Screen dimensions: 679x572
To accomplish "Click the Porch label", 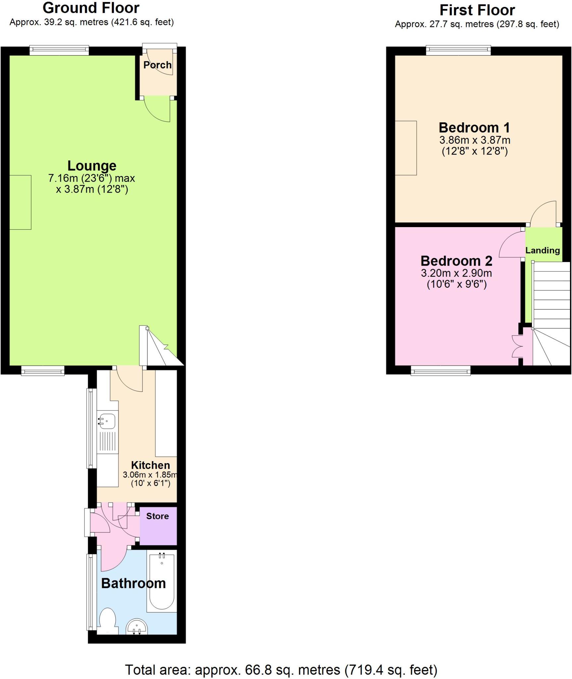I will click(x=157, y=65).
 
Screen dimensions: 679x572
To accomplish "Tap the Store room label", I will click(x=157, y=516).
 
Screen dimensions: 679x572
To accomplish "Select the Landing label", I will click(x=543, y=250).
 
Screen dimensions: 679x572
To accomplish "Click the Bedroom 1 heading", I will click(x=474, y=128).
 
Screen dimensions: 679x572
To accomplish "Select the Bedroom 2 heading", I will click(x=456, y=261).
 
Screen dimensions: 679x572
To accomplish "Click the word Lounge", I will click(x=92, y=166).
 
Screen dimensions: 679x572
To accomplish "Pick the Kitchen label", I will click(x=150, y=465).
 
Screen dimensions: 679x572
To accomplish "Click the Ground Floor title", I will click(x=91, y=8).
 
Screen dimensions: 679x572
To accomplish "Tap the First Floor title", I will click(x=477, y=10).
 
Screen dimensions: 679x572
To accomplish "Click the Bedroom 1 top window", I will click(x=458, y=50).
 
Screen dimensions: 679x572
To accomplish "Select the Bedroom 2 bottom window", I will click(x=441, y=370).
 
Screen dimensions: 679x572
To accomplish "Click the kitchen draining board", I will click(x=108, y=443).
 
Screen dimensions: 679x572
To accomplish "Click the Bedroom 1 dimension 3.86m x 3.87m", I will click(x=475, y=140).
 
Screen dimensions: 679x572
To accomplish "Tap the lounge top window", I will click(x=59, y=50).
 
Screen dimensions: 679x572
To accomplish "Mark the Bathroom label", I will click(x=133, y=584).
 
